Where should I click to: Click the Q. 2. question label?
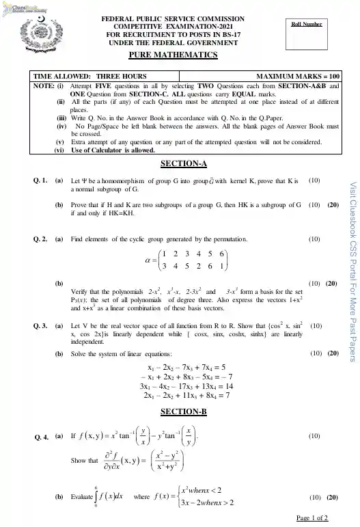tap(40, 240)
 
